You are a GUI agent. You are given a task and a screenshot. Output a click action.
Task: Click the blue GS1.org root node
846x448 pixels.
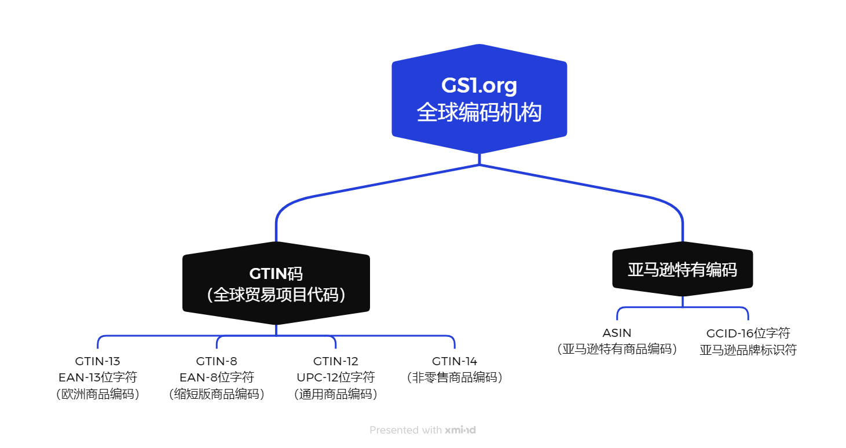click(x=479, y=99)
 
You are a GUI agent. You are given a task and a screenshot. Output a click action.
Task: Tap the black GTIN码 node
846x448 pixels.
click(x=276, y=283)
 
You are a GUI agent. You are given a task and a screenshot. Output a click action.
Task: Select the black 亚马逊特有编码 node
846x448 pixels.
click(x=683, y=269)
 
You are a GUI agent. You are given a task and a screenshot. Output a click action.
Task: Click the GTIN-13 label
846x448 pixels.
click(x=97, y=361)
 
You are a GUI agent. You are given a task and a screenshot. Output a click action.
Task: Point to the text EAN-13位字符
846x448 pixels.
click(x=97, y=377)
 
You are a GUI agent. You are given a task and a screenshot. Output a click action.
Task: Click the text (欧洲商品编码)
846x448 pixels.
click(x=97, y=394)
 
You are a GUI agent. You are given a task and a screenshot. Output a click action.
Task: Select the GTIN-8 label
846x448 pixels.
click(x=217, y=361)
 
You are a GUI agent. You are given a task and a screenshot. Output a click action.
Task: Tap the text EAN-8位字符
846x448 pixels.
click(x=217, y=377)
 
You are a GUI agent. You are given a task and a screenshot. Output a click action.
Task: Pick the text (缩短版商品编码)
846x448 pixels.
click(x=217, y=394)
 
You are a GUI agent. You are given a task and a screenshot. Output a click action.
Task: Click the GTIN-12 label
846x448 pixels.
click(x=335, y=361)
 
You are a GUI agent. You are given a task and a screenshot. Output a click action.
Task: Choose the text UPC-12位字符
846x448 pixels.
click(x=335, y=377)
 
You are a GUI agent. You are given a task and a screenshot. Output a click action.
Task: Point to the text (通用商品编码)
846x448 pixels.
click(x=335, y=394)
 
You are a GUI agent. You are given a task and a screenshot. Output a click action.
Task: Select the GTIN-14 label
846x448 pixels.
click(x=455, y=361)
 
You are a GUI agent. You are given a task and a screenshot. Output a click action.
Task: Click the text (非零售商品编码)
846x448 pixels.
click(x=455, y=377)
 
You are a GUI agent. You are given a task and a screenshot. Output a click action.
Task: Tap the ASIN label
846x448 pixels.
click(x=617, y=333)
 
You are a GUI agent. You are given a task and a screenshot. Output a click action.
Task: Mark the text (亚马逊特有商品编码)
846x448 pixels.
click(x=617, y=349)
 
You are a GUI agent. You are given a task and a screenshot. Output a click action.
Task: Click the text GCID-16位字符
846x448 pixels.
click(x=748, y=333)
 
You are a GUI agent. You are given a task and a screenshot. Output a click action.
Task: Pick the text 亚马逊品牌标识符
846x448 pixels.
click(x=748, y=350)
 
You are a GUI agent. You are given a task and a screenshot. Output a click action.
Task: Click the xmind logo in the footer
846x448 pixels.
click(x=460, y=430)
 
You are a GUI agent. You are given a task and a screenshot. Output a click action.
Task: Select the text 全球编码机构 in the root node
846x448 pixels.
click(x=479, y=112)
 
